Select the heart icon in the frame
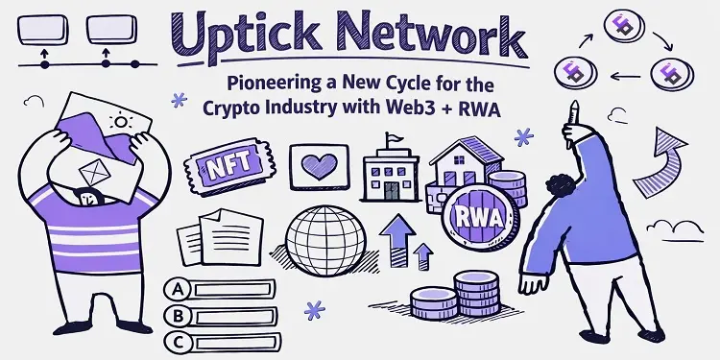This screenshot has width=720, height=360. (x=319, y=166)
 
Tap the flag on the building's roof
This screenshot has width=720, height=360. (x=395, y=137)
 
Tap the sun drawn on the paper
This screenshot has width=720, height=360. (x=121, y=122)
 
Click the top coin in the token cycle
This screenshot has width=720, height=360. (x=624, y=25)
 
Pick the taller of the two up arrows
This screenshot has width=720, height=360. (x=397, y=241)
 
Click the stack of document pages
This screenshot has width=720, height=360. (x=220, y=237)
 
